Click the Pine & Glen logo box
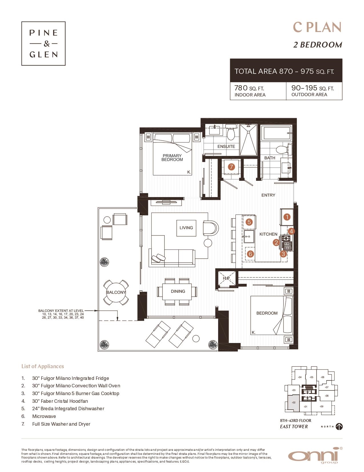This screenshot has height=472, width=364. coord(43,43)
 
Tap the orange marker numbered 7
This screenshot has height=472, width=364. coord(231,167)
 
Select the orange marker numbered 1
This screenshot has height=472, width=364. coord(287,217)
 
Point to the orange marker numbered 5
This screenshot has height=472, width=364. coord(249,222)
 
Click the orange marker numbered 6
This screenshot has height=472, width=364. coord(250,254)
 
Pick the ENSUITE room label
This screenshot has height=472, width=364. coord(226,146)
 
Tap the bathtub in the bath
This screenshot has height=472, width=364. coord(276,133)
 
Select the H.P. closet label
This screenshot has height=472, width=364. coord(226,278)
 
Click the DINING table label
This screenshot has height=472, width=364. coord(178,291)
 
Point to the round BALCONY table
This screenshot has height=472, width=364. coord(116,292)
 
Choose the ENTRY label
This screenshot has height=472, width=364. coord(268,195)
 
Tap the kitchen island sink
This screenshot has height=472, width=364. coord(248,236)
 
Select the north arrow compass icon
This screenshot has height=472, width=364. coord(339,427)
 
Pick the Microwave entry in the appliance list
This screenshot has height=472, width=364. coord(44,416)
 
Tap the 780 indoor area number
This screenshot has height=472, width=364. coord(241,88)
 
